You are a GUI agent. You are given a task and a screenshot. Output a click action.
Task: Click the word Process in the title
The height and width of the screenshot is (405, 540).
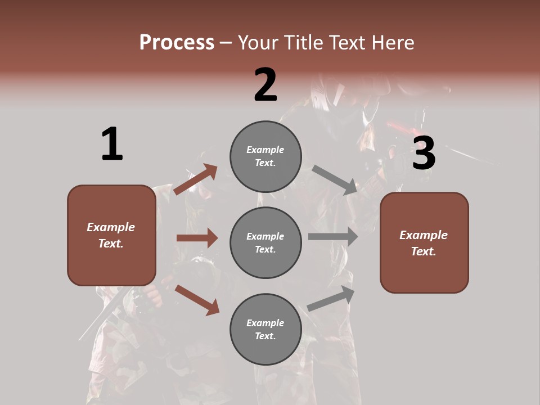177,42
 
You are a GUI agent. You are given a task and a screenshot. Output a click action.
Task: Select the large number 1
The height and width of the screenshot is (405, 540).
112,144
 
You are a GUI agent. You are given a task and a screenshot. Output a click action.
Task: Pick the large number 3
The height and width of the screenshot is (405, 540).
424,154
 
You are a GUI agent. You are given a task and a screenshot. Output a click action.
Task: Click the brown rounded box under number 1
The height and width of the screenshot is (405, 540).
111,235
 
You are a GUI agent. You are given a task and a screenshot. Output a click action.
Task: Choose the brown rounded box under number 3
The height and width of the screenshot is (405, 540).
424,242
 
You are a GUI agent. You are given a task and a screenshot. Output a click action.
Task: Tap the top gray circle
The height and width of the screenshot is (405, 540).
265,156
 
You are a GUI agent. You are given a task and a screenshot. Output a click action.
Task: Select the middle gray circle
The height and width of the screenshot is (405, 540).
265,242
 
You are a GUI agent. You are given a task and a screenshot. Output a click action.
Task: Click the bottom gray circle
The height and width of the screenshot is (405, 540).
265,329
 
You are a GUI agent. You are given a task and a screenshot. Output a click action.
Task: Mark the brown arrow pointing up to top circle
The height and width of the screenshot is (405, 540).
196,179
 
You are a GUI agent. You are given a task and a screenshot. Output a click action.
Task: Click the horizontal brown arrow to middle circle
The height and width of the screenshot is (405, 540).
197,238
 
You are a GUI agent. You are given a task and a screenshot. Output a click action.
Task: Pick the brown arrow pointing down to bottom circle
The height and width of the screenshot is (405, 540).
197,299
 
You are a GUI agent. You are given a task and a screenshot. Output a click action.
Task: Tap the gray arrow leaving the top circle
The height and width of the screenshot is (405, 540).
335,179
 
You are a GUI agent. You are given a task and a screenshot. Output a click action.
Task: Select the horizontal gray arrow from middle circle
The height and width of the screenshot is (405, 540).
333,237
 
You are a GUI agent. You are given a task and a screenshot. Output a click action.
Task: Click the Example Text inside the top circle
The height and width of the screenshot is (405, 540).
265,156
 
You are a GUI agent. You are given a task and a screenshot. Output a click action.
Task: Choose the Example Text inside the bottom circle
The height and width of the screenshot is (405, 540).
265,329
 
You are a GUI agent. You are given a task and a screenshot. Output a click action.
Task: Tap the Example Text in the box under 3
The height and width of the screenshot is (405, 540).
424,243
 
